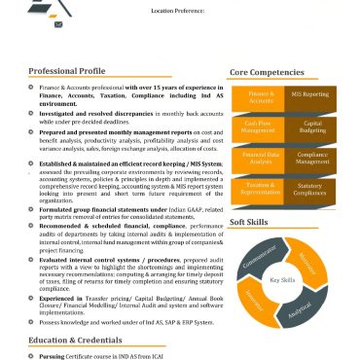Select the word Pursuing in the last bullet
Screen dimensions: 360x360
point(53,356)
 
